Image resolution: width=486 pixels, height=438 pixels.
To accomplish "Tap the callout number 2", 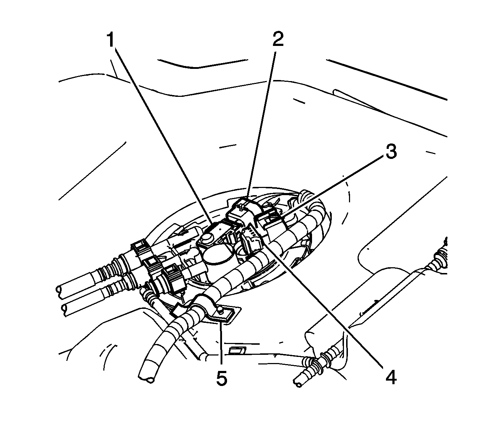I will click(277, 40).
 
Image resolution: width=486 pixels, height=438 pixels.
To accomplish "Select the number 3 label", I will click(391, 152).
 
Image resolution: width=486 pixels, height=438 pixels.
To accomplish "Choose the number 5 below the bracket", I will click(222, 378).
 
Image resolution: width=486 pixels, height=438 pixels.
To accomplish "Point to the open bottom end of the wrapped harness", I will click(147, 377).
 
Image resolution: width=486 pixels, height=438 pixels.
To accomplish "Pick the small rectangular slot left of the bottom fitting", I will click(237, 350).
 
